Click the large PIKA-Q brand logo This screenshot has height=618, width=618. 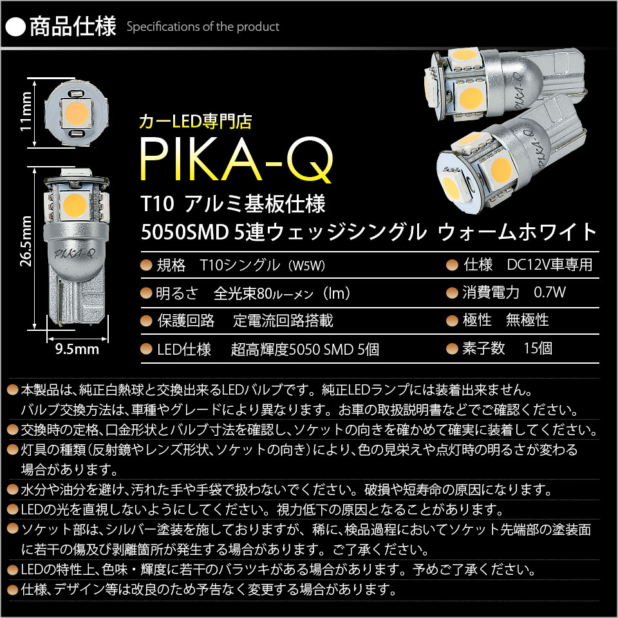coord(236,160)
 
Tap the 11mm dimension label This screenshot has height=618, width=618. coord(26,111)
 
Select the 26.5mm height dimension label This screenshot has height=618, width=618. coord(26,241)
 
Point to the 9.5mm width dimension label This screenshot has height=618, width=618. coord(77,349)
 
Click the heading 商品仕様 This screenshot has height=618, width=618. coord(73,26)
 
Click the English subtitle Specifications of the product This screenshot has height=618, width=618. coord(203,27)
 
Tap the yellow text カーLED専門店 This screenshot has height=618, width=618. coord(196,122)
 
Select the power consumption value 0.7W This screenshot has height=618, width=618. coord(550,292)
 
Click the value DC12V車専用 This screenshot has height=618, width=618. coord(550,265)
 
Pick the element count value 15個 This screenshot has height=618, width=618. coord(538,348)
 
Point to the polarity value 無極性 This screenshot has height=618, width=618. coord(527,320)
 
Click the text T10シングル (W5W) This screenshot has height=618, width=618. coord(263,265)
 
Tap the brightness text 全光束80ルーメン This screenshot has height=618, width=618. coord(263,294)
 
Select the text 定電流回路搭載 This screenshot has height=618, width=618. coord(283,321)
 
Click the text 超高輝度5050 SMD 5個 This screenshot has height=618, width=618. coord(304,350)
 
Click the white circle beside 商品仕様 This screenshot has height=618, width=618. coord(15,27)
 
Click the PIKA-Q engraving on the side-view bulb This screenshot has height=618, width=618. coord(74,252)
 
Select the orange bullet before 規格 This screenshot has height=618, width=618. coord(146,265)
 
